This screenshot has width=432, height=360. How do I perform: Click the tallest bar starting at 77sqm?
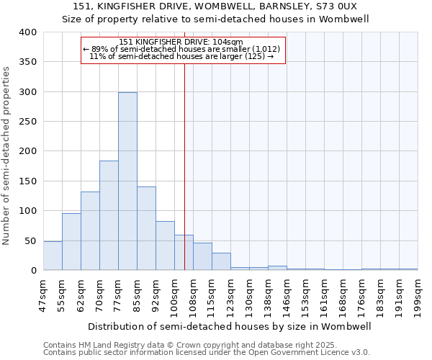[x=127, y=181]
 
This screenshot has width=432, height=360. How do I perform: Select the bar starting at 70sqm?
[x=109, y=215]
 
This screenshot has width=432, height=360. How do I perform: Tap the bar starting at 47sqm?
[x=53, y=256]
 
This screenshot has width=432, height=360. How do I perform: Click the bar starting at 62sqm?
[x=90, y=231]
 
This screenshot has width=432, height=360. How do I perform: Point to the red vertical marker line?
[x=185, y=166]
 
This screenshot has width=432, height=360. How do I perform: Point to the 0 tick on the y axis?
[x=33, y=271]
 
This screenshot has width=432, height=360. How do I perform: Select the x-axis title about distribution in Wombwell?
[x=230, y=326]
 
